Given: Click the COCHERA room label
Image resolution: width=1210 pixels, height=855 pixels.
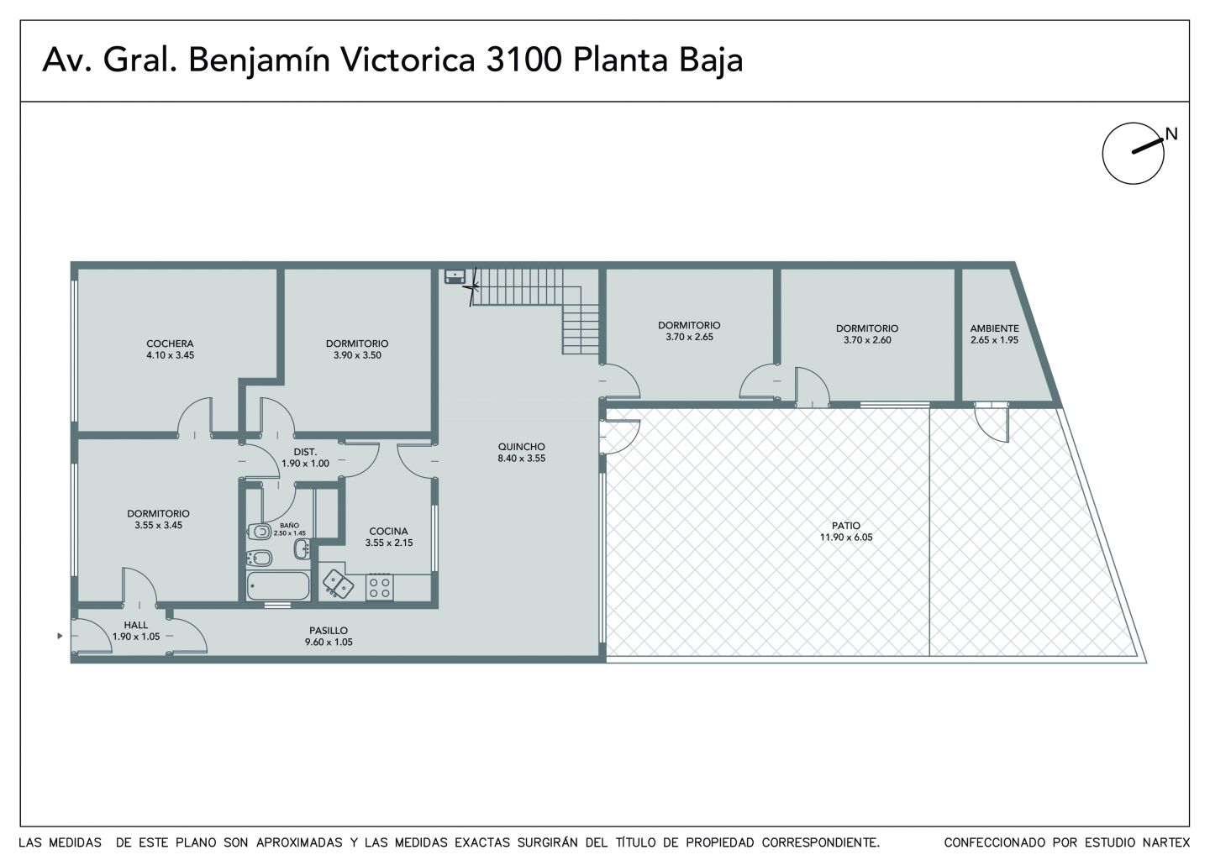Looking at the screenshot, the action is point(170,344).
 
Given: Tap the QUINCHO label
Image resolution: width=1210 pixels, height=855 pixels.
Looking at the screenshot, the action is point(521,446).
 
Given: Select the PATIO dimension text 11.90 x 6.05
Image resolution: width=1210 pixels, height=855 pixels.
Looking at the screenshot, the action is point(846,537).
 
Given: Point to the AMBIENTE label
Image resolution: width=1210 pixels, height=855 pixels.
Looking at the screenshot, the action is point(995,328).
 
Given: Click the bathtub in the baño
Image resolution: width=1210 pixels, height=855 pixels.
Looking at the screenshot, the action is point(278,586).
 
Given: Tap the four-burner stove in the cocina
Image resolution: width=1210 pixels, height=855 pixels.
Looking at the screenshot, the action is point(380,588).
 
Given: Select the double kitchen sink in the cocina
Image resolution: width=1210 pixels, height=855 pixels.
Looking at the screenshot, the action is point(338,585).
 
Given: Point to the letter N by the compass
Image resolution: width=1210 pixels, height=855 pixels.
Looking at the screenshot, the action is point(1171,134).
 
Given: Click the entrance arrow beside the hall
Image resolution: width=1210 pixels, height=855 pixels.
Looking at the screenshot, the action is point(60,636).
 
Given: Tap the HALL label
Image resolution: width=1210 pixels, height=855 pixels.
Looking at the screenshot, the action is point(135,625).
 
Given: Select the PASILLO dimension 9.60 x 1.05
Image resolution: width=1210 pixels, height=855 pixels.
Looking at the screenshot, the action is point(329,642).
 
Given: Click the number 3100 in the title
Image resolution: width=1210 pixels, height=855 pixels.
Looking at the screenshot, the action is point(524,60).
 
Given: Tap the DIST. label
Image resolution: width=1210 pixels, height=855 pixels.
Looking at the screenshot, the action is point(305,452).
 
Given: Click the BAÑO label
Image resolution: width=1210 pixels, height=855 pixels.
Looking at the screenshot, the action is point(290,525).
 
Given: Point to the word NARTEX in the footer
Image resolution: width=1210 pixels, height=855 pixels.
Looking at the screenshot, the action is point(1166,842).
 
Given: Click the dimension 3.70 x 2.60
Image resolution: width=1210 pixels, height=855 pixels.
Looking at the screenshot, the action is point(867,339).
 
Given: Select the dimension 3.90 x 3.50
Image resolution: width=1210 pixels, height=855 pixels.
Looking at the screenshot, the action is point(357,355).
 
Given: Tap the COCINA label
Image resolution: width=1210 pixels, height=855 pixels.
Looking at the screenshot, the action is point(388,531).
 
